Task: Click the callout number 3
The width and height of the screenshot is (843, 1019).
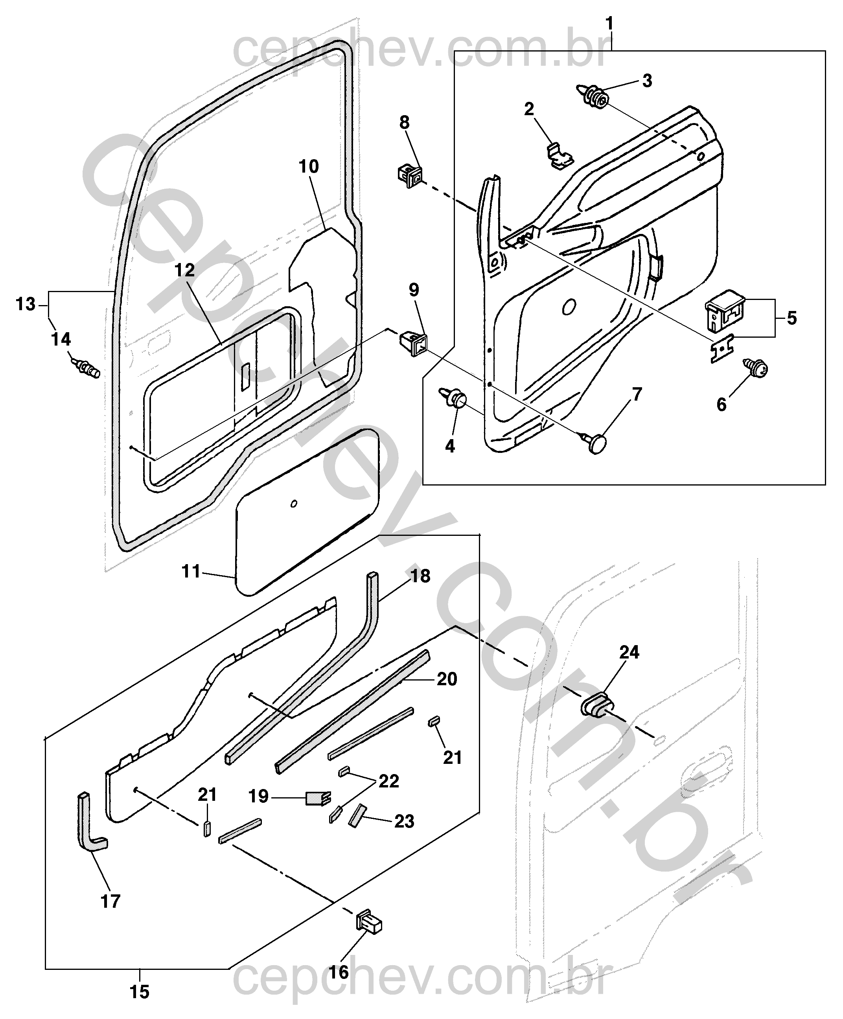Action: click(647, 81)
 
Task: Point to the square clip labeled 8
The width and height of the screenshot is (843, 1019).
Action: click(410, 176)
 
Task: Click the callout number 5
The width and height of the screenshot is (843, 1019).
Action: click(791, 319)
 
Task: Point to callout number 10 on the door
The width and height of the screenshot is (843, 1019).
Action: click(309, 166)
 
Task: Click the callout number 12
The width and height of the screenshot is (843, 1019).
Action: click(184, 270)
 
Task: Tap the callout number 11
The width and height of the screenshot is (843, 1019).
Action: click(191, 572)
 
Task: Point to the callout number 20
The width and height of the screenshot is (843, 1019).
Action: click(447, 679)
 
